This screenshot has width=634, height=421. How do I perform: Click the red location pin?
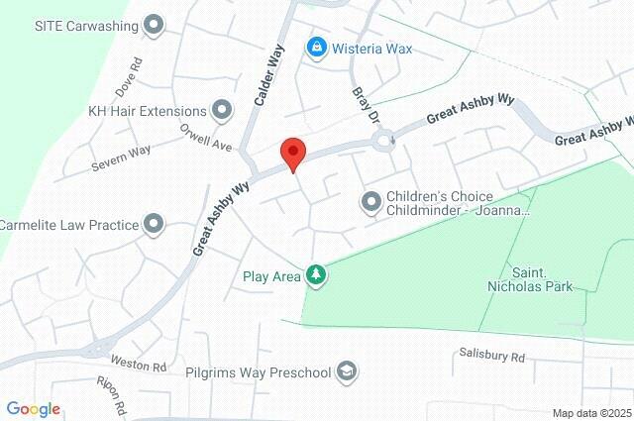point(291,155)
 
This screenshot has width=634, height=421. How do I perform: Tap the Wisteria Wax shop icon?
point(316,47)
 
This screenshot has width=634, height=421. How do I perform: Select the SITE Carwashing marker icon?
point(154,24)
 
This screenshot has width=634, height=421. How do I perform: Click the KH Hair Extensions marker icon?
point(221,111)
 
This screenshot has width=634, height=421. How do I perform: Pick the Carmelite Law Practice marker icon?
point(154,225)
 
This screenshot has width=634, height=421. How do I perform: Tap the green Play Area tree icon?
point(316,274)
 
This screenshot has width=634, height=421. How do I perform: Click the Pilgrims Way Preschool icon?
point(346,371)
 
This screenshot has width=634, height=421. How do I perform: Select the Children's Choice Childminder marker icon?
point(371,203)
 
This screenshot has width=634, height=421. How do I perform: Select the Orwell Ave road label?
point(205,138)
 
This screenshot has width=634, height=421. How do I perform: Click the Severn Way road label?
point(121,158)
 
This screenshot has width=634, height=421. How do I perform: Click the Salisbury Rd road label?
point(491,355)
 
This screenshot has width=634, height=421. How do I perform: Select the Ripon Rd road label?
point(112,394)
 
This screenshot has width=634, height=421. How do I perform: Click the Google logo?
point(33,409)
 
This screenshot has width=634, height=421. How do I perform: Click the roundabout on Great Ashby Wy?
point(381,142)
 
